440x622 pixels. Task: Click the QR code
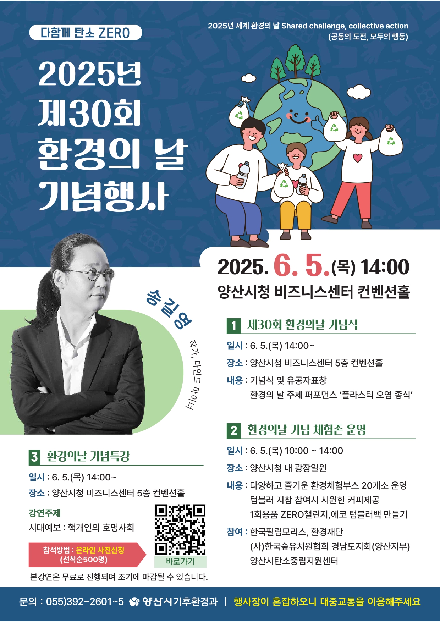(180, 529)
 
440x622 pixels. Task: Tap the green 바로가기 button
(180, 561)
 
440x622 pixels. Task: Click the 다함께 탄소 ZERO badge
(86, 33)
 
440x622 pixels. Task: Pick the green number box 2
(233, 431)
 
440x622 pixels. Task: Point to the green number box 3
(34, 457)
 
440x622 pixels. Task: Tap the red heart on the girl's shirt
(358, 157)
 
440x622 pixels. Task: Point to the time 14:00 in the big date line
(385, 267)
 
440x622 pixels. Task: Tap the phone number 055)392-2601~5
(85, 602)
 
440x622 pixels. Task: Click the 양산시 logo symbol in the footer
(134, 602)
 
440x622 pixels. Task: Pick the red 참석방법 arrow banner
(87, 555)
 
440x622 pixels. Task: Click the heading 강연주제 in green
(45, 513)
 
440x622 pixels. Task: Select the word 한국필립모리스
(278, 532)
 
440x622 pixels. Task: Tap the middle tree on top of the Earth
(295, 57)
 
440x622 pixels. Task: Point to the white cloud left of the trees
(249, 78)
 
